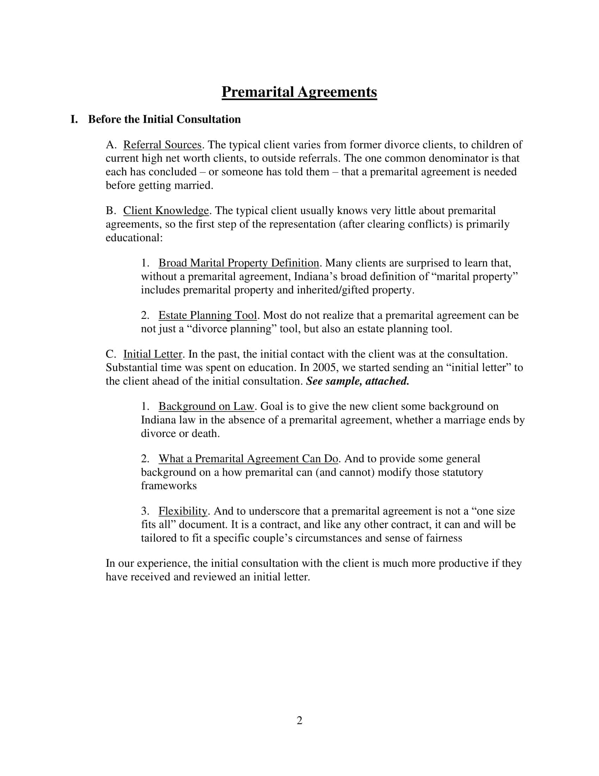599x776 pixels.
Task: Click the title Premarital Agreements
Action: [299, 92]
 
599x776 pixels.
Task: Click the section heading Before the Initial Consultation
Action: [164, 119]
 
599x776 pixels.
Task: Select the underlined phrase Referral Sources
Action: [162, 145]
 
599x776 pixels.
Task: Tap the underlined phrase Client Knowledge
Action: [166, 211]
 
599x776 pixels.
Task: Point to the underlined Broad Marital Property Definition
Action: [239, 263]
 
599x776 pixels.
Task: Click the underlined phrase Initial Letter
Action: [152, 354]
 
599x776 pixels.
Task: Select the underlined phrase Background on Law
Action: [206, 406]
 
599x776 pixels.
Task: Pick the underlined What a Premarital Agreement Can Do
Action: [248, 459]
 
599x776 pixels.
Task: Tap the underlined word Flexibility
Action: [183, 511]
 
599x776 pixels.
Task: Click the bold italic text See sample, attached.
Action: [357, 381]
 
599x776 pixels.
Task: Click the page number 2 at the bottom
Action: [299, 721]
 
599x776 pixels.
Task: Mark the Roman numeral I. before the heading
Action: [74, 119]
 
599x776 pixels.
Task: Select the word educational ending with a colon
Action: [134, 238]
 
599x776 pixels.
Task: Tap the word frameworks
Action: [168, 486]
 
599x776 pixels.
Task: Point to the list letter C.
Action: [111, 354]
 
